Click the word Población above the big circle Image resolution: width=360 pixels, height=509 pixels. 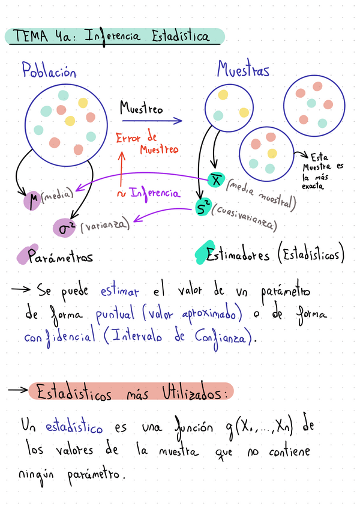(49, 72)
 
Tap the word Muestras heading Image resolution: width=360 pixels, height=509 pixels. (243, 71)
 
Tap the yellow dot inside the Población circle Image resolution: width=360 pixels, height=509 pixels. (70, 121)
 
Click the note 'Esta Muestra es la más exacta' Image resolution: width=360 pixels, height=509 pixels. (323, 170)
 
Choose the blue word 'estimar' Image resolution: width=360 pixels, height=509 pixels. (119, 292)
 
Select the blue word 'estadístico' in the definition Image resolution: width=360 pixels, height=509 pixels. (74, 428)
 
